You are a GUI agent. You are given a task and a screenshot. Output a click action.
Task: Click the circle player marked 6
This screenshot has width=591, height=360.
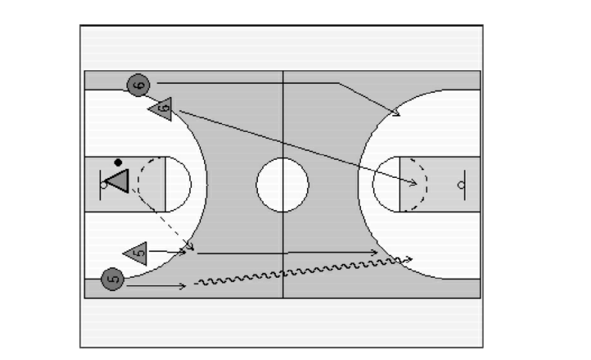pos(139,85)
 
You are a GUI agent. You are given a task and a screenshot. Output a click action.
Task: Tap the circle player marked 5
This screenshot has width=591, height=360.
pos(113,279)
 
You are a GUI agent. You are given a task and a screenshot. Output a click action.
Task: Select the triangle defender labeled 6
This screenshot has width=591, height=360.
pos(161,109)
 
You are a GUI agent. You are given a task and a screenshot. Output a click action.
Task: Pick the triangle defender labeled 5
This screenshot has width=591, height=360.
pos(136,253)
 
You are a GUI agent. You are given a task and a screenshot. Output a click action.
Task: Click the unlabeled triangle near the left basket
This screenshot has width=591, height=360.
pos(118,181)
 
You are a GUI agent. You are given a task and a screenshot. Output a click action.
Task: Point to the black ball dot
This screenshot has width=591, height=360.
pos(118,163)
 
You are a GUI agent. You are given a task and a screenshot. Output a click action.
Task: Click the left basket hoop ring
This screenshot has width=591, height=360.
pos(104,185)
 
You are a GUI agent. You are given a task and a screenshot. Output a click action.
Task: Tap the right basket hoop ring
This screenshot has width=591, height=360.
pos(461,185)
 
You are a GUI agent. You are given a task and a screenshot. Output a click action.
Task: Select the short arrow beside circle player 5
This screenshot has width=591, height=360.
pos(156,286)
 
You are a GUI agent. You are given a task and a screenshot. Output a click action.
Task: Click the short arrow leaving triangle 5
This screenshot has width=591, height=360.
pos(168,252)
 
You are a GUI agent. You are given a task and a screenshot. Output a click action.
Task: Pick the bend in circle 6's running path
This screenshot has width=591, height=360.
pos(339,83)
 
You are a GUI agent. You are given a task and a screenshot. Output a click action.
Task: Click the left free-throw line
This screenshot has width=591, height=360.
pos(166,184)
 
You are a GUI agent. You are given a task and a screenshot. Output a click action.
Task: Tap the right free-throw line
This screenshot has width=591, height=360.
pos(400,184)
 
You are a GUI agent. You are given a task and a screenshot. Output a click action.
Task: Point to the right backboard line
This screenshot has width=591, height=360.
pos(465,185)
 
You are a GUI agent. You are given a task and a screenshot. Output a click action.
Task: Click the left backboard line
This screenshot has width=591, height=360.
pos(100,185)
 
